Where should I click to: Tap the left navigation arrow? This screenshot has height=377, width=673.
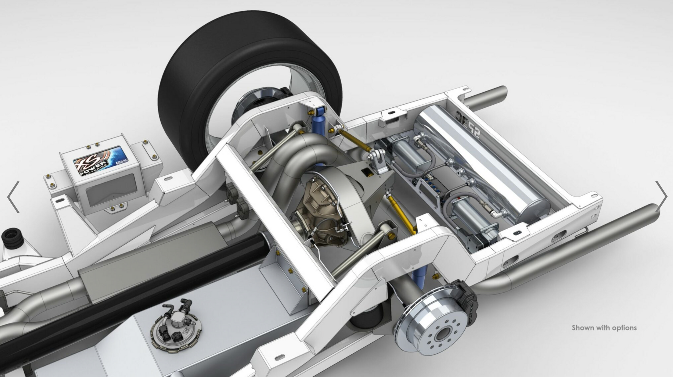click(x=13, y=197)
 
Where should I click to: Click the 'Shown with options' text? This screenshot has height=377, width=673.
click(x=604, y=328)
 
